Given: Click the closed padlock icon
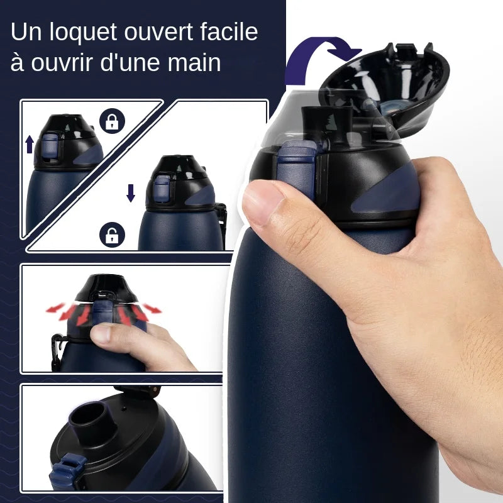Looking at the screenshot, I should click(112, 122).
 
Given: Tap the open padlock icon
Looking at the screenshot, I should click(112, 235).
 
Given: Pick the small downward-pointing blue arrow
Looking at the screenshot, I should click(131, 192).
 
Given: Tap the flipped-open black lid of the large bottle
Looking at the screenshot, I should click(387, 82).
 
